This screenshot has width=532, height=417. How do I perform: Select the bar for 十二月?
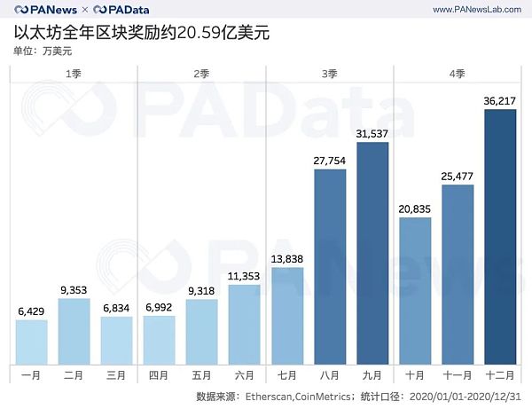499,236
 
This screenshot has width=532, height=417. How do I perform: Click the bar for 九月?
372,253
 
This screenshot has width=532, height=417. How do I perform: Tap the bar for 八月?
330,266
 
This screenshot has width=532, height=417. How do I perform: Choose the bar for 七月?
286,315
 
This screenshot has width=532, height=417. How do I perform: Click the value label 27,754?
330,160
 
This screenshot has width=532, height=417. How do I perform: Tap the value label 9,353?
74,288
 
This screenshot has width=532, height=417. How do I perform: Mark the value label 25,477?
458,175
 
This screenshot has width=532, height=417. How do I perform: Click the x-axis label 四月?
160,376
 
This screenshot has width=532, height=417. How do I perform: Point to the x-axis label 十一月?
458,376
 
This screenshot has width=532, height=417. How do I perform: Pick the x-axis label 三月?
117,376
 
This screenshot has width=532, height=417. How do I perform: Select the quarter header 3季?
329,74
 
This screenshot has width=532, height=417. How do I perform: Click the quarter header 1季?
74,74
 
